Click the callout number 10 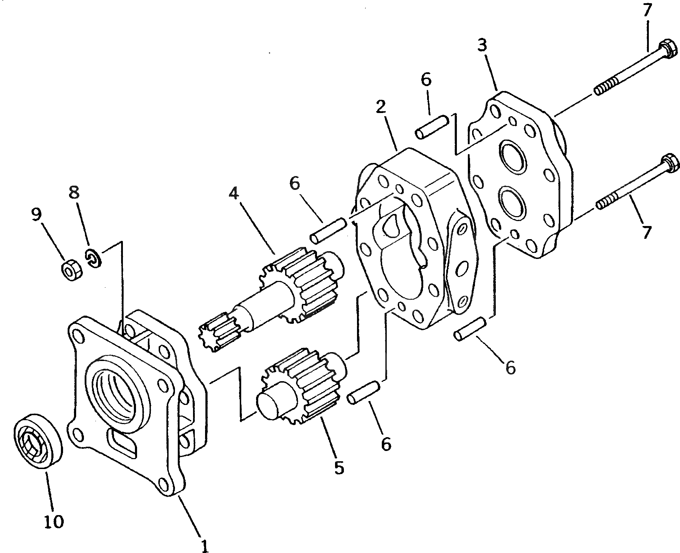54,521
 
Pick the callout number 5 339,468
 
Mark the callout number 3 482,45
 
